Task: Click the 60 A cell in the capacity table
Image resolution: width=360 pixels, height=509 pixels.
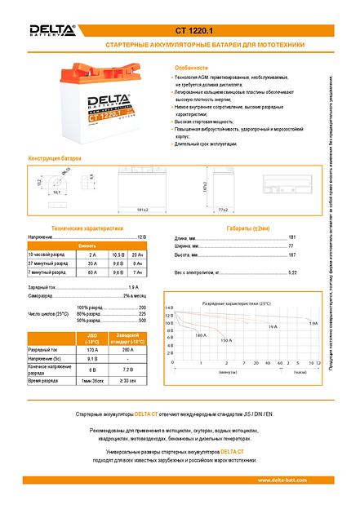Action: tap(91, 273)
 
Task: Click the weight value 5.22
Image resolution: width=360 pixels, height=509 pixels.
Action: tap(292, 272)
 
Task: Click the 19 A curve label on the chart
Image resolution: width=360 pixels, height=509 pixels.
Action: tap(272, 326)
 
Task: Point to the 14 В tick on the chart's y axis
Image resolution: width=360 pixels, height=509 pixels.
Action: tap(169, 308)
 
